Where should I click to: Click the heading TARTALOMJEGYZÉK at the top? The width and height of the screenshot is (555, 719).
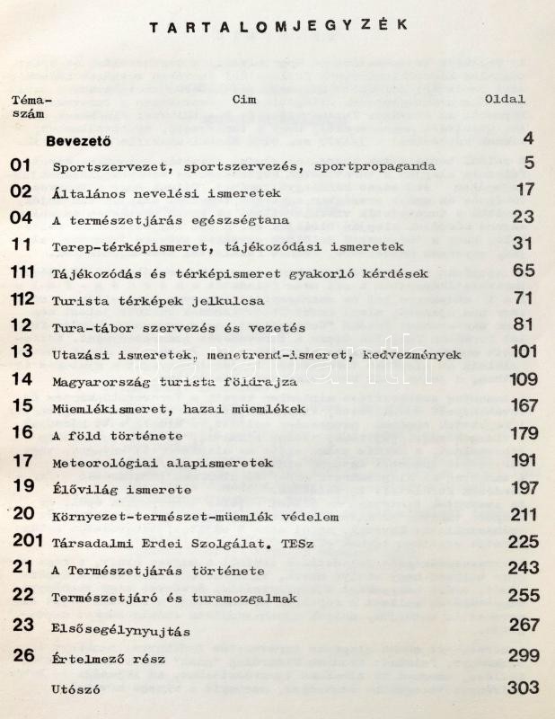click(x=277, y=26)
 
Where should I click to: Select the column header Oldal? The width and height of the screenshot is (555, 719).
click(x=505, y=100)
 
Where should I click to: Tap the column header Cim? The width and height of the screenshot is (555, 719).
click(x=243, y=100)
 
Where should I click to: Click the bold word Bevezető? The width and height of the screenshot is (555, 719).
click(x=77, y=139)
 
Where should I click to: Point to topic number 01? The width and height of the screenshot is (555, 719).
click(x=21, y=165)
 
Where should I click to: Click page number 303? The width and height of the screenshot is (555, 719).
click(x=523, y=688)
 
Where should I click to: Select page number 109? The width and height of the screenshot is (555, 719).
click(x=522, y=381)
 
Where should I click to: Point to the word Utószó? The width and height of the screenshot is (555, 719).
click(x=76, y=689)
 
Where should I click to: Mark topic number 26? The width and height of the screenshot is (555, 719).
click(x=23, y=655)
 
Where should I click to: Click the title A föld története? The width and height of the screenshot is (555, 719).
click(x=118, y=436)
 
